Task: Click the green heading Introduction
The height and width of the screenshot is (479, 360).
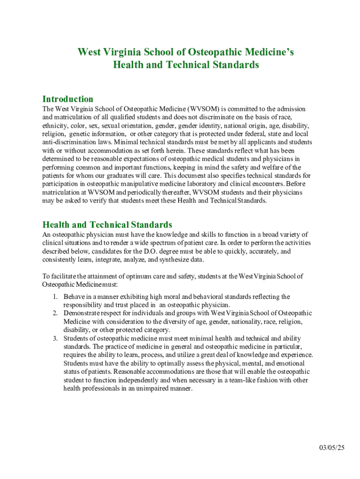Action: point(68,99)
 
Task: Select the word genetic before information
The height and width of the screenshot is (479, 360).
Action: point(74,134)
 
